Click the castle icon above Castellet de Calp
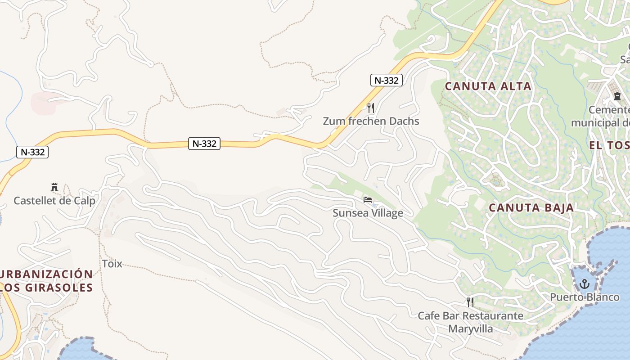(x=54, y=187)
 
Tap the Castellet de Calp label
(x=54, y=201)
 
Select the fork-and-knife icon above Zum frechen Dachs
(x=371, y=108)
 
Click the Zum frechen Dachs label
(x=371, y=121)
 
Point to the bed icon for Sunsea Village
(x=368, y=200)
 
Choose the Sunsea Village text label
(x=368, y=213)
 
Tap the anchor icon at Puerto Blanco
(x=584, y=284)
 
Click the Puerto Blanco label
(x=585, y=297)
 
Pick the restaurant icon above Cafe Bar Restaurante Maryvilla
(x=470, y=302)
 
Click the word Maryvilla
(x=470, y=329)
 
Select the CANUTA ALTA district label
(x=488, y=86)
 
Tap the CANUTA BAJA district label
(x=531, y=208)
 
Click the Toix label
(x=112, y=264)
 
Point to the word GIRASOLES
(x=61, y=288)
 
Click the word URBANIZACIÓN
(x=47, y=274)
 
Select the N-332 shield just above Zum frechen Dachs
(x=386, y=81)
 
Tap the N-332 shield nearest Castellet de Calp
(x=32, y=152)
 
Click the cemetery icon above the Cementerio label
(x=617, y=96)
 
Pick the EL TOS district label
(x=609, y=145)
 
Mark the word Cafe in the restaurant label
(x=428, y=316)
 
